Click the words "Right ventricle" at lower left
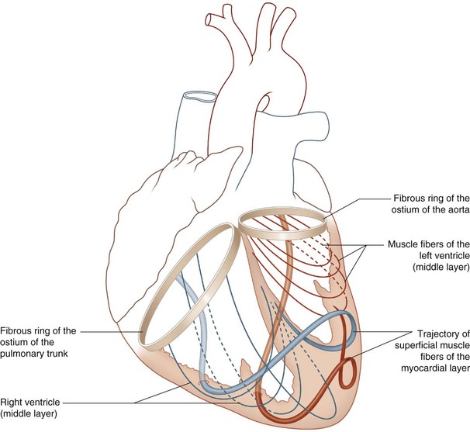click(29, 405)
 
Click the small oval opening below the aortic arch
click(266, 101)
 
